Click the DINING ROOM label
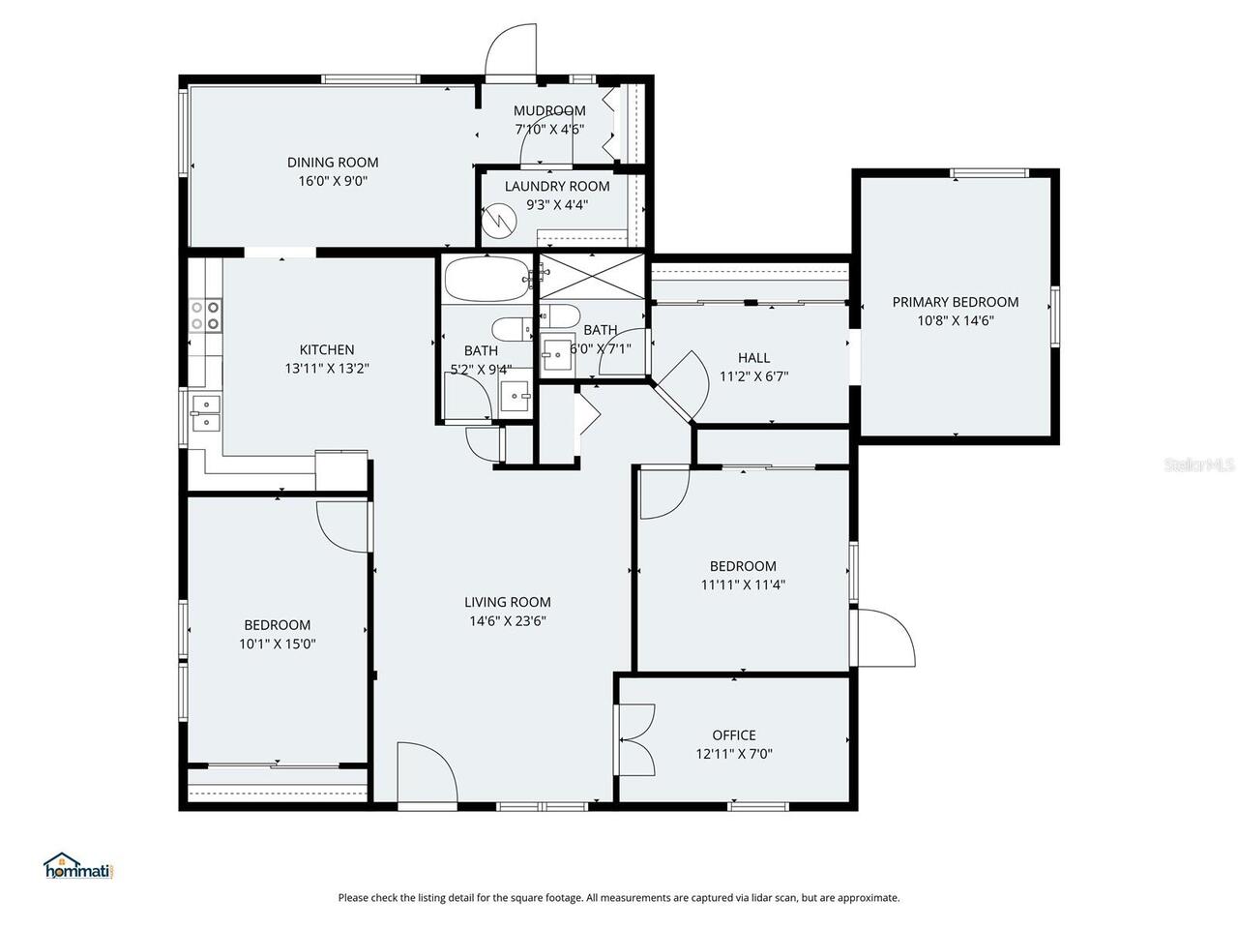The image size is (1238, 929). (x=333, y=163)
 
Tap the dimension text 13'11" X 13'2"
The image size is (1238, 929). (x=327, y=368)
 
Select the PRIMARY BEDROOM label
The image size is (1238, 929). (x=955, y=302)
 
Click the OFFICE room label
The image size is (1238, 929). (x=734, y=735)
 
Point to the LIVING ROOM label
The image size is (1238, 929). (x=508, y=602)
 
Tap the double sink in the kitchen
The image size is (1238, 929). (x=205, y=412)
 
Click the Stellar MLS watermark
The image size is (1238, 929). (x=1199, y=464)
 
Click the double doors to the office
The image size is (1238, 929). (x=634, y=739)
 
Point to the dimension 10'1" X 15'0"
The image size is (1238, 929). (x=277, y=644)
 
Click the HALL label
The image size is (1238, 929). (x=753, y=358)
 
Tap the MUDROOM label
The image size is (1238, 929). (x=549, y=110)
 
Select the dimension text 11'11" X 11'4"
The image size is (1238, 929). (x=743, y=584)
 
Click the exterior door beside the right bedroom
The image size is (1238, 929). (x=886, y=637)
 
